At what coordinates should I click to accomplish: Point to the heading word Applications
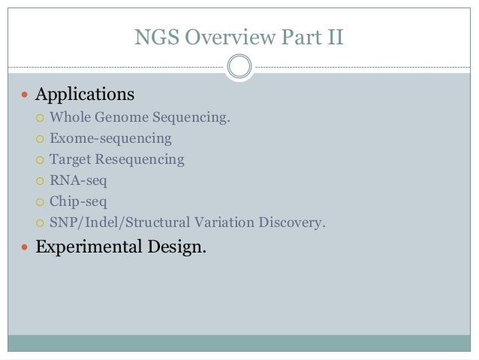85,95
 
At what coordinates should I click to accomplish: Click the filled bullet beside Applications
25,95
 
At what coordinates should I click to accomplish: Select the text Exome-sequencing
110,138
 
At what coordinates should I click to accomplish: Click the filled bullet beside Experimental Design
25,247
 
